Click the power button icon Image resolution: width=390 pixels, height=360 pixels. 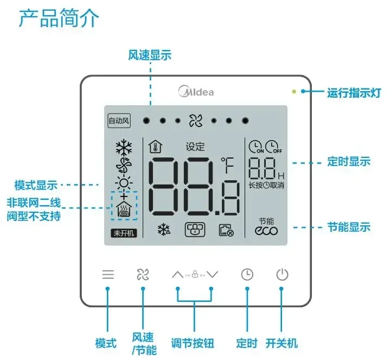(x=282, y=275)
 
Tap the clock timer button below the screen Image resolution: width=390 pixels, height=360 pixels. (x=247, y=275)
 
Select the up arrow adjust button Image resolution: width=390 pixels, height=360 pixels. (x=177, y=274)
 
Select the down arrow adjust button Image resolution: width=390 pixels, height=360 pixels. (x=213, y=274)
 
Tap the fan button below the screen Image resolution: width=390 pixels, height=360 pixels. (x=143, y=274)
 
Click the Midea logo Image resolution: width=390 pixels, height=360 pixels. (x=196, y=91)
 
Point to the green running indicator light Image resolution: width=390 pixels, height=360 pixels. (x=294, y=91)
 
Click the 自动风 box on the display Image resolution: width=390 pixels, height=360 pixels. (x=119, y=121)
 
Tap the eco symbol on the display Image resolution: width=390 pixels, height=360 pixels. (x=266, y=230)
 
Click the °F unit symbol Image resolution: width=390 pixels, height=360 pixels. (x=227, y=165)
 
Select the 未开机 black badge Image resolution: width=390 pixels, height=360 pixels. (x=124, y=233)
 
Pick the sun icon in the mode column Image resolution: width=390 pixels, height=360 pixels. (x=124, y=184)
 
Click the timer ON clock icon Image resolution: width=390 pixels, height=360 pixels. (x=256, y=147)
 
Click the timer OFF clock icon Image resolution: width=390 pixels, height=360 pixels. (x=273, y=147)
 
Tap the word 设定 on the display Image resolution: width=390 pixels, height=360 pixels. (x=195, y=147)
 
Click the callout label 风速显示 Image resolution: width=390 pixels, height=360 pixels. (x=150, y=55)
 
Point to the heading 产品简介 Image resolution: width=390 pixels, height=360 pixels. (x=59, y=18)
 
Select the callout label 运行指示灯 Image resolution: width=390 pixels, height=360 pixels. (x=354, y=93)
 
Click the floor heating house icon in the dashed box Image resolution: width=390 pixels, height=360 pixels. (x=124, y=209)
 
